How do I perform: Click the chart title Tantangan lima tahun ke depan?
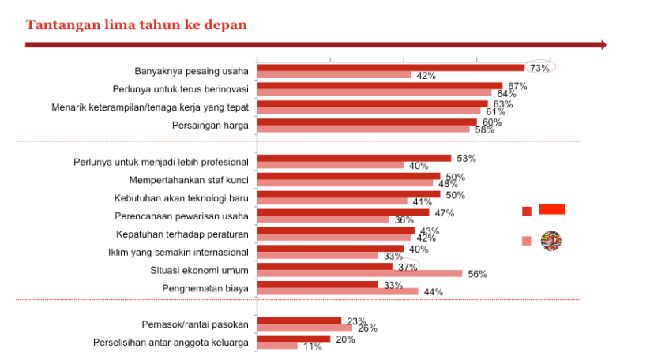[136, 24]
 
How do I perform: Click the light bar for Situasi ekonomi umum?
[359, 273]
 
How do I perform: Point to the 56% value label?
[477, 274]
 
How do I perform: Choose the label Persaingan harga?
[210, 125]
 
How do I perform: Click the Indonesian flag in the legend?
[551, 209]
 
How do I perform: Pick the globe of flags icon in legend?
[550, 242]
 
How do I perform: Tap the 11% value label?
[314, 347]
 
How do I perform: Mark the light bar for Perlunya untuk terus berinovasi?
[374, 93]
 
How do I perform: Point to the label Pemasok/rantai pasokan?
[195, 324]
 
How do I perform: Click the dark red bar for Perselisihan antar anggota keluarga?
[293, 339]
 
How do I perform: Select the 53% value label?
[466, 158]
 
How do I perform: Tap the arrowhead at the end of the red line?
[603, 45]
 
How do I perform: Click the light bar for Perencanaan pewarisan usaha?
[323, 219]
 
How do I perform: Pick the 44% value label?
[433, 292]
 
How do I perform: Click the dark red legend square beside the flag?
[526, 212]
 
